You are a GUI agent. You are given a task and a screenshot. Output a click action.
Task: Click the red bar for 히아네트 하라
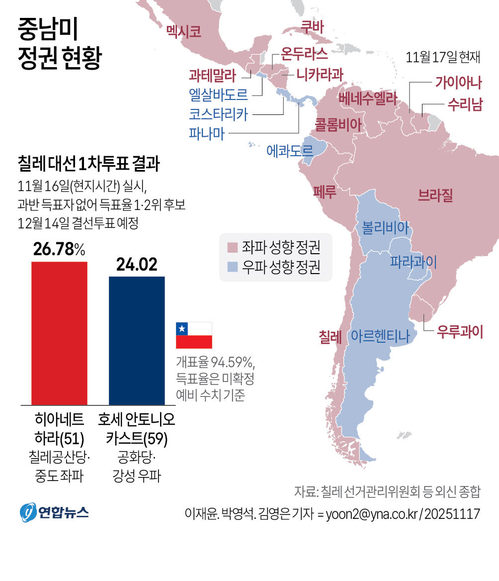[x=59, y=333]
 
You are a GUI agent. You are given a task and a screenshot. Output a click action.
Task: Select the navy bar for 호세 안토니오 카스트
[x=137, y=341]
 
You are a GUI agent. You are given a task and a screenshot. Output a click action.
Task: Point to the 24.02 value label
[x=137, y=265]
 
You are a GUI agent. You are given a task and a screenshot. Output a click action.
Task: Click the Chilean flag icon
[x=194, y=335]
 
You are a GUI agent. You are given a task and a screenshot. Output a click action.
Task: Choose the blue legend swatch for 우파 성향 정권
[x=232, y=267]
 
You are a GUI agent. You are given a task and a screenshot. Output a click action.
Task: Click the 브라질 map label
[x=435, y=195]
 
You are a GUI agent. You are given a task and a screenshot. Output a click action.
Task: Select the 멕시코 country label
[x=184, y=32]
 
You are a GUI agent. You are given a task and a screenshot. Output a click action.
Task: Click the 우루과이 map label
[x=460, y=332]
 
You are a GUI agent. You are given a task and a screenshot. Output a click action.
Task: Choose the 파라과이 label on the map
[x=413, y=261]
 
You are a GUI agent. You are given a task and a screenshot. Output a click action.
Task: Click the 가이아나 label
[x=459, y=82]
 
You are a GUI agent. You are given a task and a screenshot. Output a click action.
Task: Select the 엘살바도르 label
[x=218, y=94]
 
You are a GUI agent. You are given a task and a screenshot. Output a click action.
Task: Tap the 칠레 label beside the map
[x=330, y=337]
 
